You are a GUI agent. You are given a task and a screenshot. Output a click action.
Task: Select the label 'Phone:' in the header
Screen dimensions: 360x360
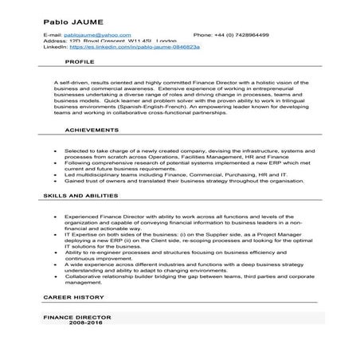(x=202, y=36)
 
